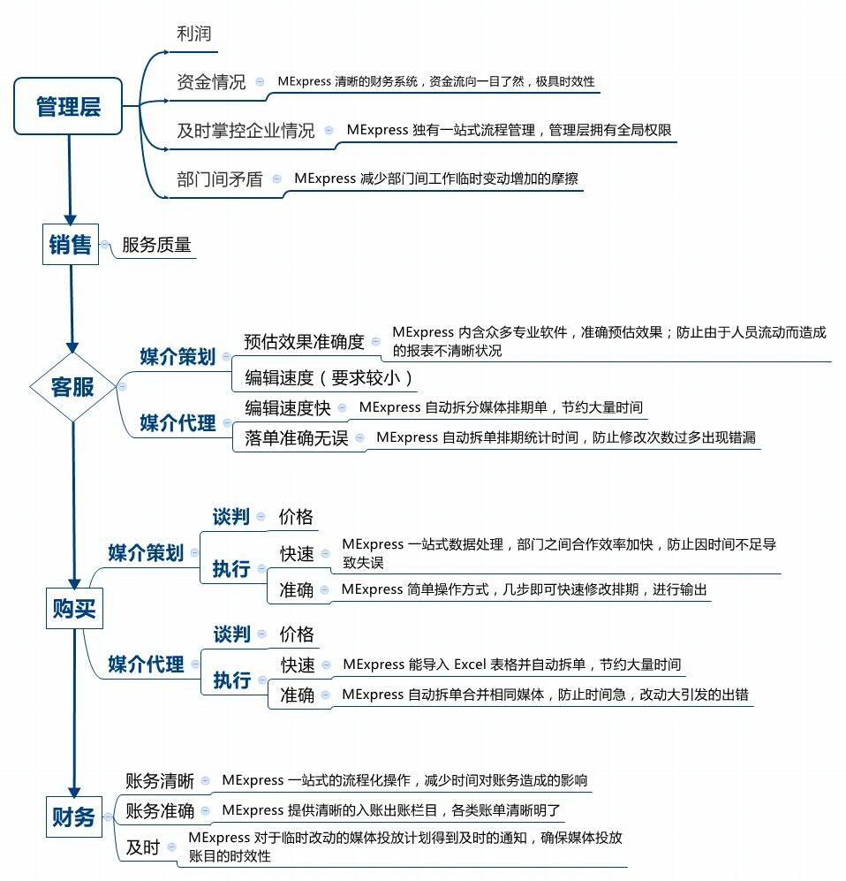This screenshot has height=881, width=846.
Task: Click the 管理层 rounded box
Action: click(68, 106)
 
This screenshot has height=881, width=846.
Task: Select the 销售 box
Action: click(71, 245)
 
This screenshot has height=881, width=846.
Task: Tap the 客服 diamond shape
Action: click(72, 386)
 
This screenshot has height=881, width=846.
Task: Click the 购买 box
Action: click(74, 609)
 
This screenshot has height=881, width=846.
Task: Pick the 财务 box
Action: click(73, 817)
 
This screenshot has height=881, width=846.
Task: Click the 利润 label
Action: click(194, 34)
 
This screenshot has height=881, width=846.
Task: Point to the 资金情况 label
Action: click(211, 82)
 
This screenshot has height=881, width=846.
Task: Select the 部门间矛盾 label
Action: click(220, 179)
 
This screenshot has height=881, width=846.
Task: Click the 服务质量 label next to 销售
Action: click(156, 245)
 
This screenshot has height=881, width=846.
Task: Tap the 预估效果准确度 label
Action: click(305, 342)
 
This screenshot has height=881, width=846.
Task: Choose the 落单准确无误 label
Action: click(297, 437)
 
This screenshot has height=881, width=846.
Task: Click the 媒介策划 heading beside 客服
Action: click(178, 357)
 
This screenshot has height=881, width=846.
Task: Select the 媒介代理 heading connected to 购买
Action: click(146, 665)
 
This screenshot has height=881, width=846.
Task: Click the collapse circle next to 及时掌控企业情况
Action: click(329, 131)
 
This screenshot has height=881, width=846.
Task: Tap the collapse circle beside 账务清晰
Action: click(206, 780)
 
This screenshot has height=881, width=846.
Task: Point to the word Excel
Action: click(469, 665)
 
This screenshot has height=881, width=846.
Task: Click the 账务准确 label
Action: click(160, 811)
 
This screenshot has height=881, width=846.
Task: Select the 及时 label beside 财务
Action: click(143, 847)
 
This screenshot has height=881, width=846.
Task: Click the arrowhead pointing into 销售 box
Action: click(70, 219)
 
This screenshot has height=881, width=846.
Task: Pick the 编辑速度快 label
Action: click(287, 408)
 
